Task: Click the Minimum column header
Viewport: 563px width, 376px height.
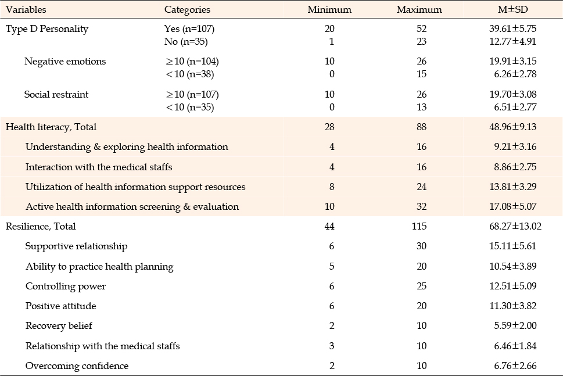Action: pos(329,9)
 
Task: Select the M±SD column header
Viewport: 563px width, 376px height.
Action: pos(512,9)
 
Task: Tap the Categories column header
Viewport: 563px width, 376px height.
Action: pos(187,10)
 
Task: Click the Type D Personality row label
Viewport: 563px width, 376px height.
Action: pos(47,29)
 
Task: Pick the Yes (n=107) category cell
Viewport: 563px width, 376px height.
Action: pos(189,28)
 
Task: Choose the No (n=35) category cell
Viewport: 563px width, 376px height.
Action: pos(186,42)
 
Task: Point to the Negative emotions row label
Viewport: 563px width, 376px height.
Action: pos(65,62)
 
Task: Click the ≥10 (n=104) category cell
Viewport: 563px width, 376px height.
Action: pos(192,62)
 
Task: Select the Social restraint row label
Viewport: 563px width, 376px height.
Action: pos(56,95)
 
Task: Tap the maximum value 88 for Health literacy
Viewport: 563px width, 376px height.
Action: pos(422,127)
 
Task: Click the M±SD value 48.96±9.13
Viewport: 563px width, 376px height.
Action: pos(512,127)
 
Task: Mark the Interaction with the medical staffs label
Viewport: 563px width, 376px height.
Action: pos(99,167)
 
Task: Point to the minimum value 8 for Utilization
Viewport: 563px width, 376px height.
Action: pos(331,187)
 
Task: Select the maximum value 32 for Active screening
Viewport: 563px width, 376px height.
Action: pos(422,206)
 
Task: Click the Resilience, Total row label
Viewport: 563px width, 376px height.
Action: pos(41,227)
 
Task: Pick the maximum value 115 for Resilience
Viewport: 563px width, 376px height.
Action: pos(419,226)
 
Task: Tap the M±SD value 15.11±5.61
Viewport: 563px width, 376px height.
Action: pos(512,246)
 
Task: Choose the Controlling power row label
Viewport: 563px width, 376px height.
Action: pos(66,287)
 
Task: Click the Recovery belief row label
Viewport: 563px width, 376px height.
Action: pos(59,325)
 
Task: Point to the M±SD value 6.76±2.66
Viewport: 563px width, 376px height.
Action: pos(515,366)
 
